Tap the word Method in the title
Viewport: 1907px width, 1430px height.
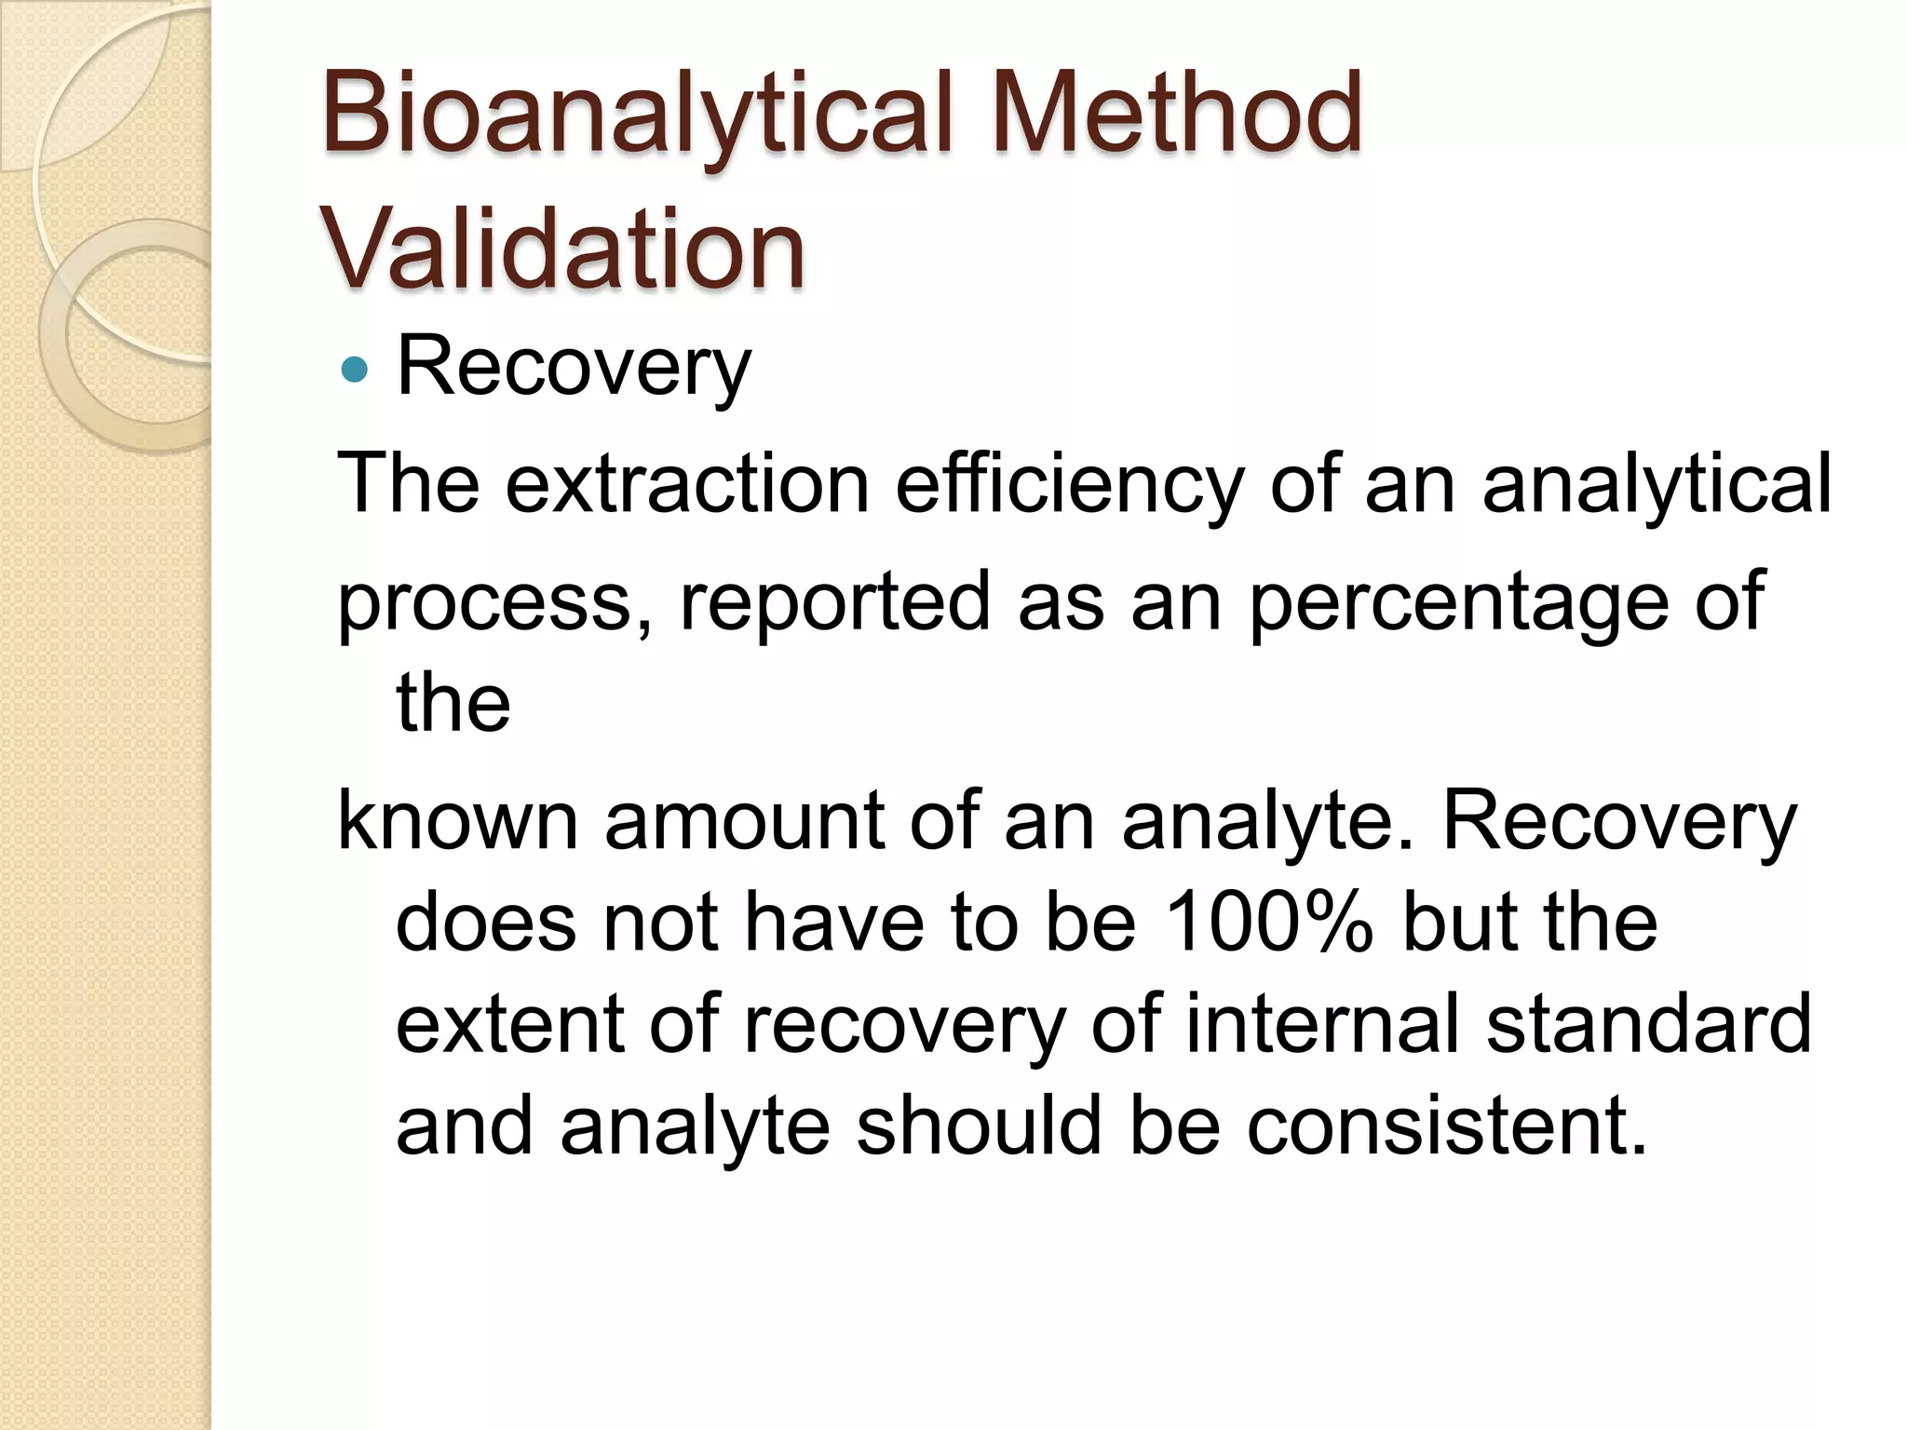coord(1177,113)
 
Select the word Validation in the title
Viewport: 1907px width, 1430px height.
coord(562,249)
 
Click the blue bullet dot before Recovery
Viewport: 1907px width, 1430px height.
coord(355,371)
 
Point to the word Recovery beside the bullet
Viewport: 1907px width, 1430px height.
coord(574,369)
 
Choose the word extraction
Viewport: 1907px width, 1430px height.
coord(687,483)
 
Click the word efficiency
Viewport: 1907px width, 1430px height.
coord(1069,485)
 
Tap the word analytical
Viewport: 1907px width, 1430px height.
coord(1657,485)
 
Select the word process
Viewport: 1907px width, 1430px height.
coord(482,603)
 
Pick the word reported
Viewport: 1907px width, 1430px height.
coord(834,603)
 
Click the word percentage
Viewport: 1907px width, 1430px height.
coord(1458,603)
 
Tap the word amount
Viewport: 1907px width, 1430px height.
coord(743,820)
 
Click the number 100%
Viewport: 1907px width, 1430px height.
coord(1269,923)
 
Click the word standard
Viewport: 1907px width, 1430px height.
coord(1648,1024)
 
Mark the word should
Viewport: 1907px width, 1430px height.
coord(978,1126)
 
